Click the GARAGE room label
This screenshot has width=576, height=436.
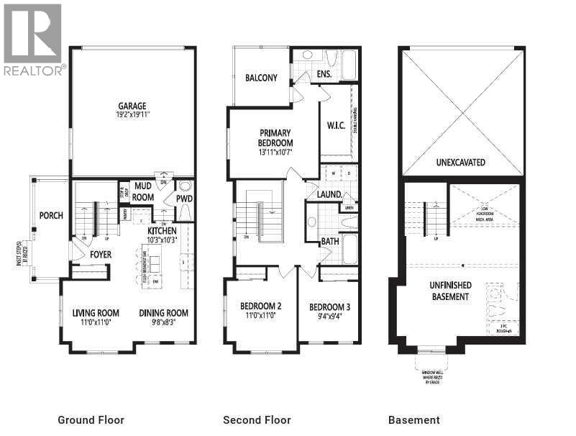tap(132, 104)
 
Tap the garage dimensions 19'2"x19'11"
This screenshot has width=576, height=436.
tap(132, 114)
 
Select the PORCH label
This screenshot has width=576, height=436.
tap(51, 215)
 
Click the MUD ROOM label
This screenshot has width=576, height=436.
tap(143, 191)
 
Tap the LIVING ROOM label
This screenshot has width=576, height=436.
tap(96, 313)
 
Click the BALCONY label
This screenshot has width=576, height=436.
tap(261, 78)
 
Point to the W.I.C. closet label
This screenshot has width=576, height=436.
tap(336, 125)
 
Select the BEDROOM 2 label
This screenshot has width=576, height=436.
tap(260, 306)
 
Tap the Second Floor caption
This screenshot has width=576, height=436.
tap(257, 420)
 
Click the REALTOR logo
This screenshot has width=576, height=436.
tap(33, 40)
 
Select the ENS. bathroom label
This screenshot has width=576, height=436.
tap(324, 74)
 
